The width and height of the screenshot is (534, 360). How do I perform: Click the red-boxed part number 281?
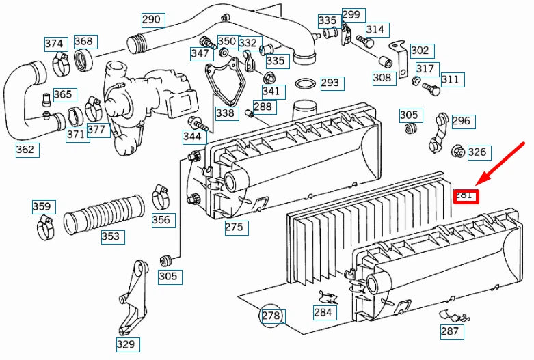coord(464,196)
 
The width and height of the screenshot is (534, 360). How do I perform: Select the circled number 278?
coord(271,316)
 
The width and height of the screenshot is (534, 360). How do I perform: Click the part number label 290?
coord(150,20)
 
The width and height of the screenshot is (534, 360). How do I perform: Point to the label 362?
coord(25,149)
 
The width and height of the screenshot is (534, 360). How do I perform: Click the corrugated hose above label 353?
coord(105,213)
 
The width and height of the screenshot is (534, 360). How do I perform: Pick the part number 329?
coord(126,344)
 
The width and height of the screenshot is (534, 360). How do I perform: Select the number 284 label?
coord(323,313)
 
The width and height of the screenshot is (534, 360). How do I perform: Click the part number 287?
coord(450,332)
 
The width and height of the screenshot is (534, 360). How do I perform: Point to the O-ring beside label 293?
coord(305,85)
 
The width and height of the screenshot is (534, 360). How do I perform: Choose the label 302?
coord(420,50)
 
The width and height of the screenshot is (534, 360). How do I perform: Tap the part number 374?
coord(54,44)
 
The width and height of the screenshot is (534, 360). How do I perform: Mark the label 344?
coord(192,137)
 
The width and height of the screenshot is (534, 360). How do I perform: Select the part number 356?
coord(161,220)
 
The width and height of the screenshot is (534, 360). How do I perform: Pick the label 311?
coord(450,79)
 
